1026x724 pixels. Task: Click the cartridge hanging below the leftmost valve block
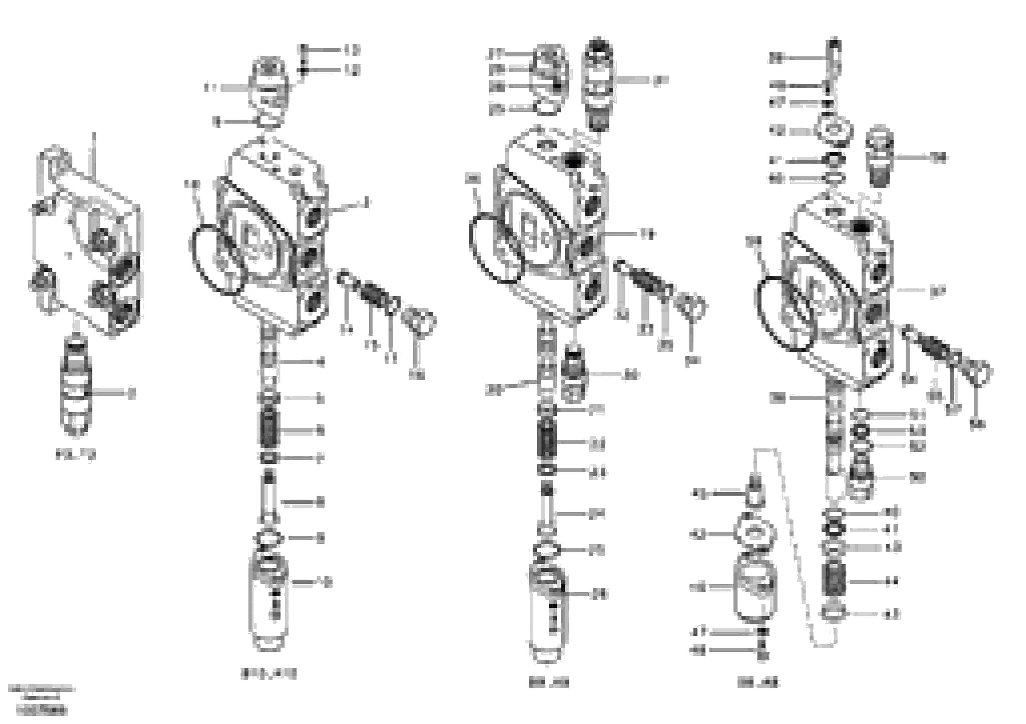pos(76,387)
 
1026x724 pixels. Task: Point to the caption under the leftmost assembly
pos(76,455)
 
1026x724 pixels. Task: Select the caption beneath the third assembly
pos(548,683)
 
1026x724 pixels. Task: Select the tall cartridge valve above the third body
pos(598,85)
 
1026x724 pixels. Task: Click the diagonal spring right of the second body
pos(370,293)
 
